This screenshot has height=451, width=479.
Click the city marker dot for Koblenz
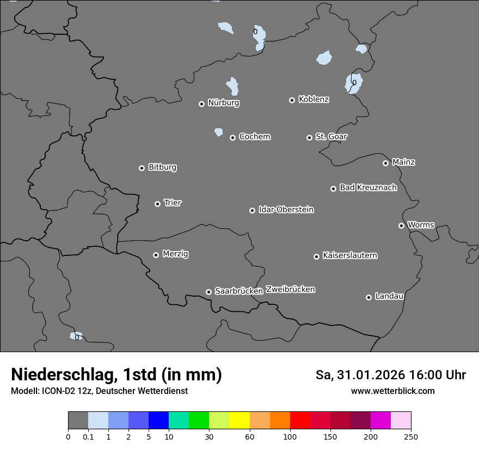tap(292, 100)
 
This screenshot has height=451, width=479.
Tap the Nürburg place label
tap(223, 102)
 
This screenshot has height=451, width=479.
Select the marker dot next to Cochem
tap(232, 137)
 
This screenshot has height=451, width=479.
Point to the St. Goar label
tap(331, 136)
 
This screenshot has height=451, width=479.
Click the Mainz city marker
tap(385, 163)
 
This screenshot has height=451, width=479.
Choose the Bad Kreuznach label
tap(368, 187)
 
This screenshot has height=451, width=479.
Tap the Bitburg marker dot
tap(142, 168)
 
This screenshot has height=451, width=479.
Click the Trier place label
tap(173, 203)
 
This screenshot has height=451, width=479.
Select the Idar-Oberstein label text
tap(286, 209)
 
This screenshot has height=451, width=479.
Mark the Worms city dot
tap(401, 225)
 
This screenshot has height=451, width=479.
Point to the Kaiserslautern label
tap(349, 255)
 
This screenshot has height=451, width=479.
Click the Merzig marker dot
tap(156, 255)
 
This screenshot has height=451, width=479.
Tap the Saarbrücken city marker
tap(208, 292)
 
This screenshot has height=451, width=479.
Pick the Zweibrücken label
tap(290, 289)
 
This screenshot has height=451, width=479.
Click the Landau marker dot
tap(369, 297)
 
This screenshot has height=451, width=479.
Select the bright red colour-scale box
tap(300, 421)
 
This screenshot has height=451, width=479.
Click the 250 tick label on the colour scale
tap(411, 436)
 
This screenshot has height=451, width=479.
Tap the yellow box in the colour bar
tap(239, 421)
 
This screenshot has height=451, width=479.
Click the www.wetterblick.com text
tap(392, 391)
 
